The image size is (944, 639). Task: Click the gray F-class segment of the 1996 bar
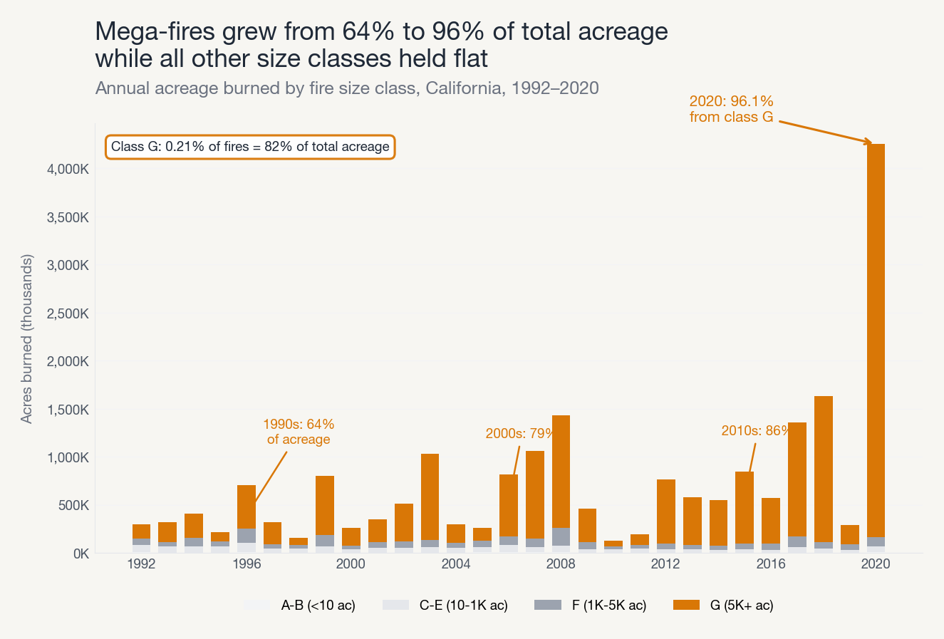(x=247, y=536)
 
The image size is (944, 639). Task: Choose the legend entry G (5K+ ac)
(x=723, y=606)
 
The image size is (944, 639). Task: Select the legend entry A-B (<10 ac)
(x=299, y=606)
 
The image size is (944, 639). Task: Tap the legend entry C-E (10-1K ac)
(x=445, y=606)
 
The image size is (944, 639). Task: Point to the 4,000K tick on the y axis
(x=68, y=170)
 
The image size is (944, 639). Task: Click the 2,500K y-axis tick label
(x=68, y=313)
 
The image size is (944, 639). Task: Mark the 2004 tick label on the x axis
(x=456, y=564)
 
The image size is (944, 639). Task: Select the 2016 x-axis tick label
(x=771, y=564)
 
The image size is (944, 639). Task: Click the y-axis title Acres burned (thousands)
(x=27, y=338)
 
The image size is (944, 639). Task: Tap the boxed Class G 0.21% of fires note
(x=250, y=147)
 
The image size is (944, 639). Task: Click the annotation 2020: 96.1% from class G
(x=731, y=109)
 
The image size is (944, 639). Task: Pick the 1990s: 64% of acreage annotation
(x=299, y=432)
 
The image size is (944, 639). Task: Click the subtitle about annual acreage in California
(x=347, y=88)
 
